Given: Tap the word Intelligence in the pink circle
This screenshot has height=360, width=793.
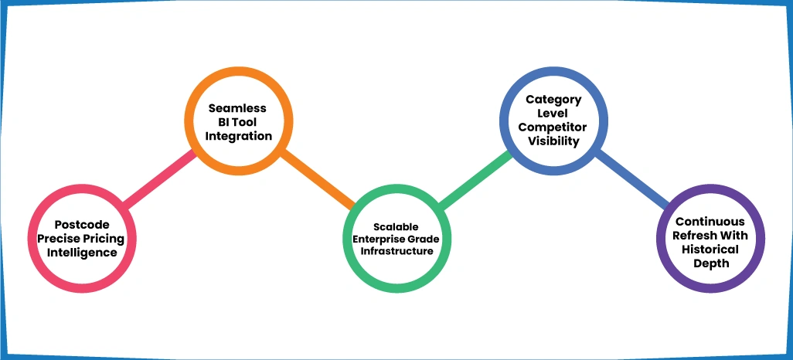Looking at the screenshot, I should coord(82,252).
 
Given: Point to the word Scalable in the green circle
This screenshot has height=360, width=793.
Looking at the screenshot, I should coord(396,226).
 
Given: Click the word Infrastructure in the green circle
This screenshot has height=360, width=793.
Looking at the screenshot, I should coord(396,250).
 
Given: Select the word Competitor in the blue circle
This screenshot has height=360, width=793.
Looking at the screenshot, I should coord(553,127).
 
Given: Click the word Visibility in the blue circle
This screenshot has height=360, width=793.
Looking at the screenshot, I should coord(553,141).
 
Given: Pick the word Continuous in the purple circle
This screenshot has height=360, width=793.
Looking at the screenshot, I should coord(711,222).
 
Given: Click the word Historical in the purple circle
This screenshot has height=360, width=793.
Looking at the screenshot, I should coord(711,250).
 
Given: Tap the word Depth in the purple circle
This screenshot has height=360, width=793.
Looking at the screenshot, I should coord(711,263).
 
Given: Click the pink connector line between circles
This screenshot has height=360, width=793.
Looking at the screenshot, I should coord(158,179).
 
